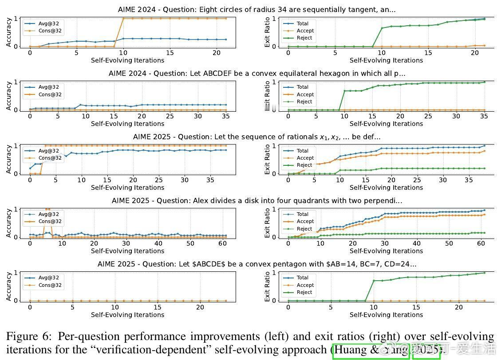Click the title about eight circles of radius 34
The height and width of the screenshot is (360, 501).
(x=256, y=9)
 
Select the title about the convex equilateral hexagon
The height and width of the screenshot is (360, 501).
(x=256, y=73)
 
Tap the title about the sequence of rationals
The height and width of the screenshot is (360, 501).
(x=256, y=137)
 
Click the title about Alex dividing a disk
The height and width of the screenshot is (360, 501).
(x=256, y=200)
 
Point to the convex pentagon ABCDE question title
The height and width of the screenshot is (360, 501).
(x=256, y=264)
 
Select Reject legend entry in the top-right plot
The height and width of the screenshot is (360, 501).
(x=304, y=38)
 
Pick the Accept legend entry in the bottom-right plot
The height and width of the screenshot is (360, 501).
(x=305, y=285)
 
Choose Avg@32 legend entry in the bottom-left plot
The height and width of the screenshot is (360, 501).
(x=48, y=278)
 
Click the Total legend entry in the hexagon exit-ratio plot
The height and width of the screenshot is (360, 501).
(x=302, y=87)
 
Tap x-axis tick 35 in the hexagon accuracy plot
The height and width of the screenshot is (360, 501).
(x=226, y=117)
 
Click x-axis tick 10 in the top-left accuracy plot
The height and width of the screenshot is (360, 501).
(x=123, y=53)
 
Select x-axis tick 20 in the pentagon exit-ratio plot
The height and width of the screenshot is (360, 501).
(x=458, y=307)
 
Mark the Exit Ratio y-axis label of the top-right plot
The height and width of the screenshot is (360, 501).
(x=268, y=31)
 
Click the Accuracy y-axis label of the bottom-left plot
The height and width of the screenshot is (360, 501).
(x=9, y=286)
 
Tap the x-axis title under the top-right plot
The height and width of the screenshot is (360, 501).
(x=386, y=61)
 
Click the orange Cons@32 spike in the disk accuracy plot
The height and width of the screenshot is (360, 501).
(x=47, y=209)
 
